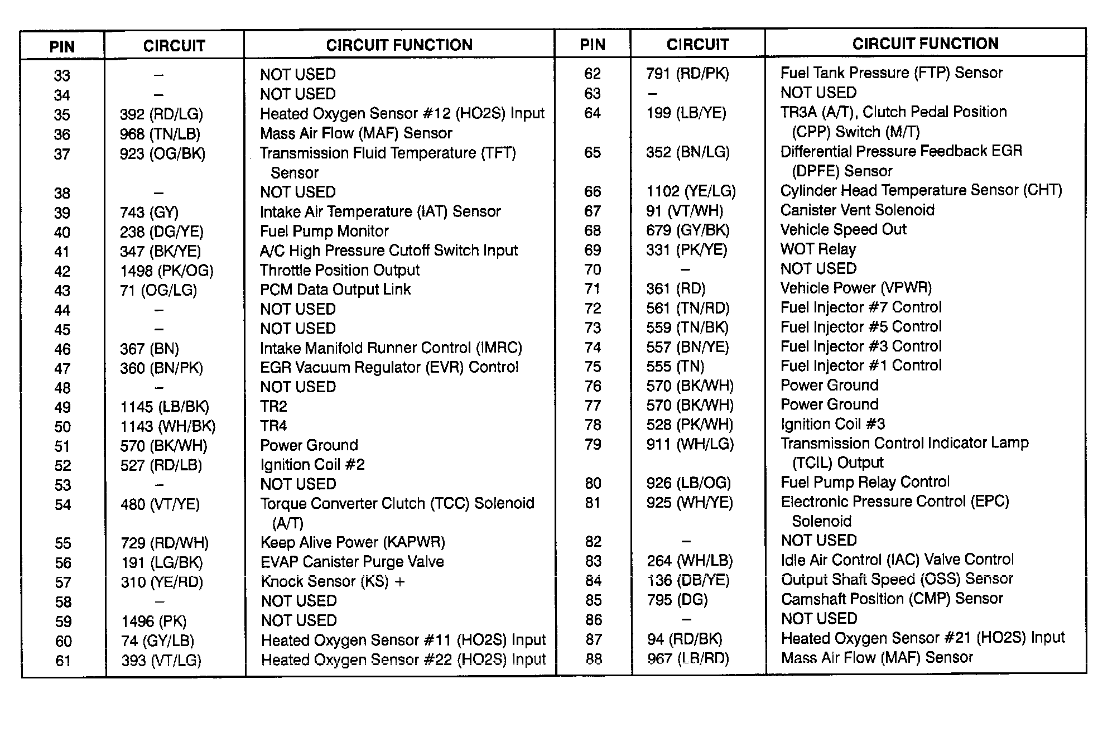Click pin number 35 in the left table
[62, 115]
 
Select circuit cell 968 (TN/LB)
[160, 134]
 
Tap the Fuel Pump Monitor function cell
[324, 232]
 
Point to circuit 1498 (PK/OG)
[166, 271]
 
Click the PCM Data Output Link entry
[335, 290]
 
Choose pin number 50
[62, 427]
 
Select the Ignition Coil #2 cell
[312, 465]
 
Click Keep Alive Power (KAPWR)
[352, 542]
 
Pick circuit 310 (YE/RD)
[162, 582]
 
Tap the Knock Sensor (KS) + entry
[333, 581]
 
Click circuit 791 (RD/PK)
[687, 74]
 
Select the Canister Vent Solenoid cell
[857, 210]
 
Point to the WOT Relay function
[818, 249]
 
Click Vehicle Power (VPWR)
[856, 288]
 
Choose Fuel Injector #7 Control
[860, 307]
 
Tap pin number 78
[593, 425]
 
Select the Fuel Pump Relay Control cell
[865, 482]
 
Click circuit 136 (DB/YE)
[688, 580]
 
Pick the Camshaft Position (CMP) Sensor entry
[892, 599]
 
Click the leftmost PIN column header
[62, 46]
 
